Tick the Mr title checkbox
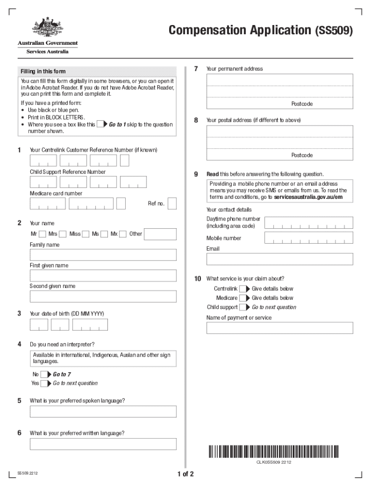point(42,234)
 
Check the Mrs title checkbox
point(62,234)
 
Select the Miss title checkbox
point(85,234)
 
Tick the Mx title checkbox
point(123,234)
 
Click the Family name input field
point(103,255)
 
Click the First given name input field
point(103,275)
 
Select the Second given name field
point(103,296)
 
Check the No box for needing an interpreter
point(44,375)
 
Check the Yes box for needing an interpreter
point(44,384)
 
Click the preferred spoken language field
point(103,412)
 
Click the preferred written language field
point(103,444)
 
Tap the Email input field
point(279,259)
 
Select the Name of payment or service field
point(279,328)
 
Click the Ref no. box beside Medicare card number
point(172,204)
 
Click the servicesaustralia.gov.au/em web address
point(308,197)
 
